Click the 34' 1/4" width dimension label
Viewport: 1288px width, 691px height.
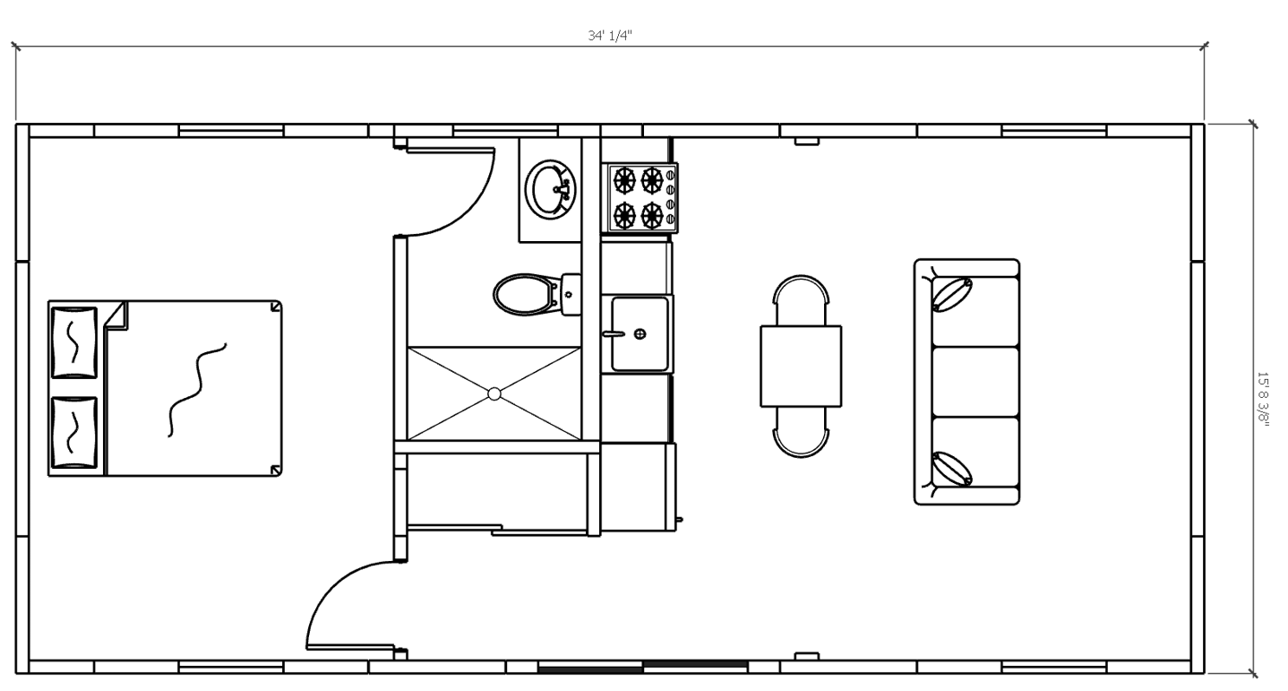(609, 36)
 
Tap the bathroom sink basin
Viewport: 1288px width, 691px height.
(552, 189)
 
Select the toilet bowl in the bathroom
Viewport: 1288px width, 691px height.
(524, 295)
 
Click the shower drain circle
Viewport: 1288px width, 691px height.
(494, 394)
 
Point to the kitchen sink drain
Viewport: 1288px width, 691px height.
(640, 333)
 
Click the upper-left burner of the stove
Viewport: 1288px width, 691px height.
(624, 180)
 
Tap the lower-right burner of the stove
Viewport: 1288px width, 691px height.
(652, 216)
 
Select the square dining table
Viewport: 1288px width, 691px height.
(801, 367)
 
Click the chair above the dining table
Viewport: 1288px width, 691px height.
(801, 300)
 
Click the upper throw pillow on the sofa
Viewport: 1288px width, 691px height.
(952, 295)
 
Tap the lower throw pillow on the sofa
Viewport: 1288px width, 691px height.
(952, 469)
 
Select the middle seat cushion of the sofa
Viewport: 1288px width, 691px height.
(975, 382)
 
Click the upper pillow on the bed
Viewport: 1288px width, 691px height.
(74, 342)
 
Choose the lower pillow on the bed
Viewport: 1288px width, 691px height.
(74, 432)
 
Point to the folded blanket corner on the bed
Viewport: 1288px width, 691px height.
(116, 316)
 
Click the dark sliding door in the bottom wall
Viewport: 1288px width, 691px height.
(642, 669)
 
